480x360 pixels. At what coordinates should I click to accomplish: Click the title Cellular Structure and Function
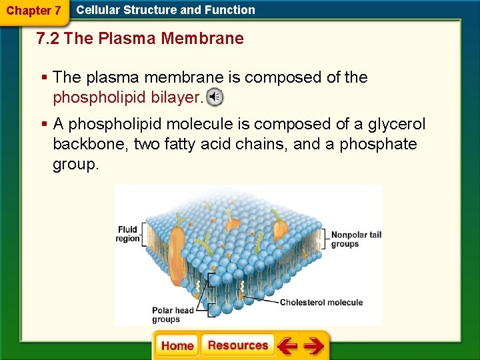coord(165,10)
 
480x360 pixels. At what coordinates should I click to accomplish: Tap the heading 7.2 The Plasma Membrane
coord(141,39)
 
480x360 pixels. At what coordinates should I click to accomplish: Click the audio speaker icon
coord(215,97)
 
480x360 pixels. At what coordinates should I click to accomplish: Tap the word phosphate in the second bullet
coord(378,144)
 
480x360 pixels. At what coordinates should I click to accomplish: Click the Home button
coord(177,345)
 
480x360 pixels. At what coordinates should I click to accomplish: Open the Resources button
coord(237,345)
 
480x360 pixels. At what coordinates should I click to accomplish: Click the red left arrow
coord(287,346)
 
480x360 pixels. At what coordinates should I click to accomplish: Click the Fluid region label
coord(129,234)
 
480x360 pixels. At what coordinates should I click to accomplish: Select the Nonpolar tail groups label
coord(356,239)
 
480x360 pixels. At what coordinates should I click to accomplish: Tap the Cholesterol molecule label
coord(321,303)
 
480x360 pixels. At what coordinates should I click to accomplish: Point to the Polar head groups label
coord(173,315)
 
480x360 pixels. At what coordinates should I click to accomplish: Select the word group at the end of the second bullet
coord(75,164)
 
